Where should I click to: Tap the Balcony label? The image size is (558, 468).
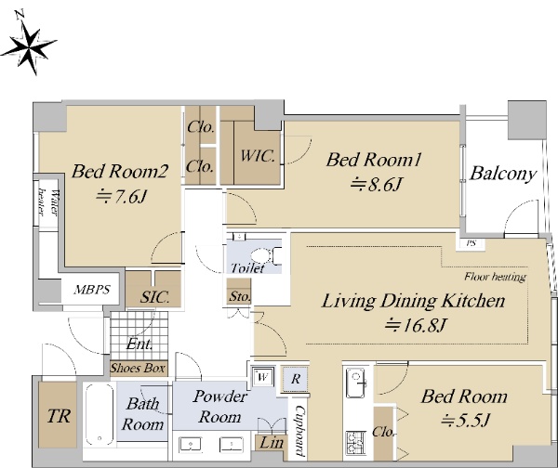[x=503, y=174]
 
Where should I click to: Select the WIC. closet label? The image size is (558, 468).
[x=258, y=156]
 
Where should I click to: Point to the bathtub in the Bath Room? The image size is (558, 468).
[x=100, y=414]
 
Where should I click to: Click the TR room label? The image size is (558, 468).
[x=59, y=416]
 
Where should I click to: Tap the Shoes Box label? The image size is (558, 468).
[x=138, y=368]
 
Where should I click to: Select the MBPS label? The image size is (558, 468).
[x=92, y=290]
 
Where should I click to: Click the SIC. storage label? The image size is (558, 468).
[x=154, y=297]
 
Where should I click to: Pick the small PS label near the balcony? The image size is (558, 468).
[x=472, y=243]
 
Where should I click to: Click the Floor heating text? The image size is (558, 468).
[x=495, y=277]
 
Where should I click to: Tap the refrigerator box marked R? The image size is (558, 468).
[x=295, y=379]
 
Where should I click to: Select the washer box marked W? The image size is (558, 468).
[x=263, y=376]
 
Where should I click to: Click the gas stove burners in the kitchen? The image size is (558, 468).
[x=356, y=443]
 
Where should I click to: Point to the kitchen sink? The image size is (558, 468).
[x=356, y=383]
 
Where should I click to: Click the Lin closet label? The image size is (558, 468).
[x=272, y=443]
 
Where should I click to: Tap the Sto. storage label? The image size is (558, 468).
[x=240, y=296]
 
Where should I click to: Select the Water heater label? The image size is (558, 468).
[x=48, y=203]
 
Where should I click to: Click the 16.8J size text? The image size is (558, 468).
[x=416, y=324]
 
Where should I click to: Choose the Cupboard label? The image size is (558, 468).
[x=300, y=431]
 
